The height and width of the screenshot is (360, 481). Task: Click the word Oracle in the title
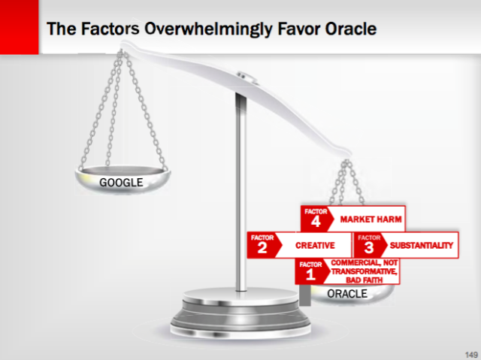click(345, 30)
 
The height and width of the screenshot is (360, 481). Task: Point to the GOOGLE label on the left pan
click(121, 183)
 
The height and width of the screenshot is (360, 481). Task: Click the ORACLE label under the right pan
click(347, 293)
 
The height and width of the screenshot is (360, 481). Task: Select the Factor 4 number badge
click(316, 219)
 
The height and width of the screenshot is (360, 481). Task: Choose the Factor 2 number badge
click(262, 245)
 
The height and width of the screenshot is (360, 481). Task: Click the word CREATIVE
click(315, 246)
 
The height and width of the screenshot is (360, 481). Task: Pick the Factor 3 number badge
click(368, 245)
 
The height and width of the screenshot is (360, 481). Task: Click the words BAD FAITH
click(363, 280)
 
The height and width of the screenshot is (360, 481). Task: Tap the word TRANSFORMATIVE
click(364, 271)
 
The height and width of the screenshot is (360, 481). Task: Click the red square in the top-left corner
click(19, 27)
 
